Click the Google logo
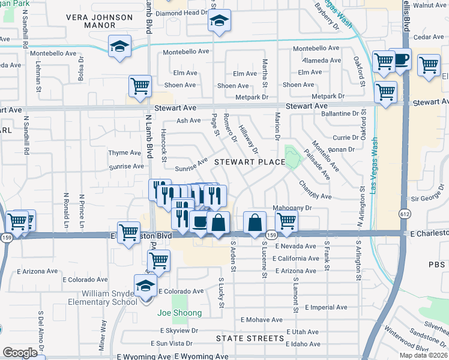coord(20,353)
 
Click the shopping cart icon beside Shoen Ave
coord(140,85)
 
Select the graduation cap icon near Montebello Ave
coord(119,46)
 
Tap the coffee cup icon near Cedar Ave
coord(400,59)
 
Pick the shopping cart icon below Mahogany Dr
coord(286,221)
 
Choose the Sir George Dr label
coord(430,197)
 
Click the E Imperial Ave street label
coord(325,307)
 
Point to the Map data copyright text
coord(423,355)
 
